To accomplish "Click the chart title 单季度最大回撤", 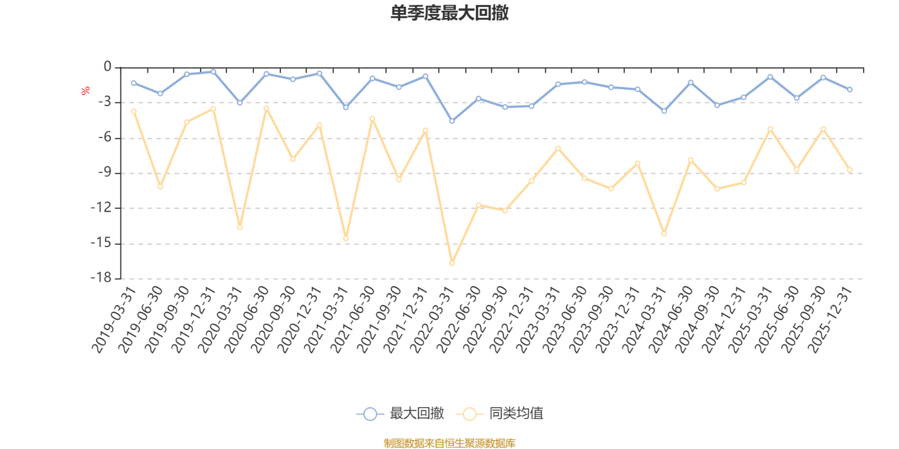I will tap(449, 13).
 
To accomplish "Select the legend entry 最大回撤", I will tap(400, 414).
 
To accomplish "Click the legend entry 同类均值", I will tap(500, 414).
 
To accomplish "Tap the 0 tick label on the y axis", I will tap(107, 67).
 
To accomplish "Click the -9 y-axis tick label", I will tap(105, 173).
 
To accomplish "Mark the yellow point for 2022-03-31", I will tap(452, 263).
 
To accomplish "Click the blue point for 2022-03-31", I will tap(452, 121).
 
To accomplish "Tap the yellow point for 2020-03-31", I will tap(239, 227).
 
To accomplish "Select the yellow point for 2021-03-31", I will tap(346, 239).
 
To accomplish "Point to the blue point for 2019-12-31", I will tap(213, 72).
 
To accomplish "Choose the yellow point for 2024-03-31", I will tap(664, 233).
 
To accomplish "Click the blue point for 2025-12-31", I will tap(850, 90).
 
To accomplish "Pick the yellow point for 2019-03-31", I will tap(134, 111).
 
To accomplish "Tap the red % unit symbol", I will tap(85, 91).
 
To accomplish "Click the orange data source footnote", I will tap(449, 443).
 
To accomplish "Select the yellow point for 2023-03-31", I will tap(558, 148).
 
